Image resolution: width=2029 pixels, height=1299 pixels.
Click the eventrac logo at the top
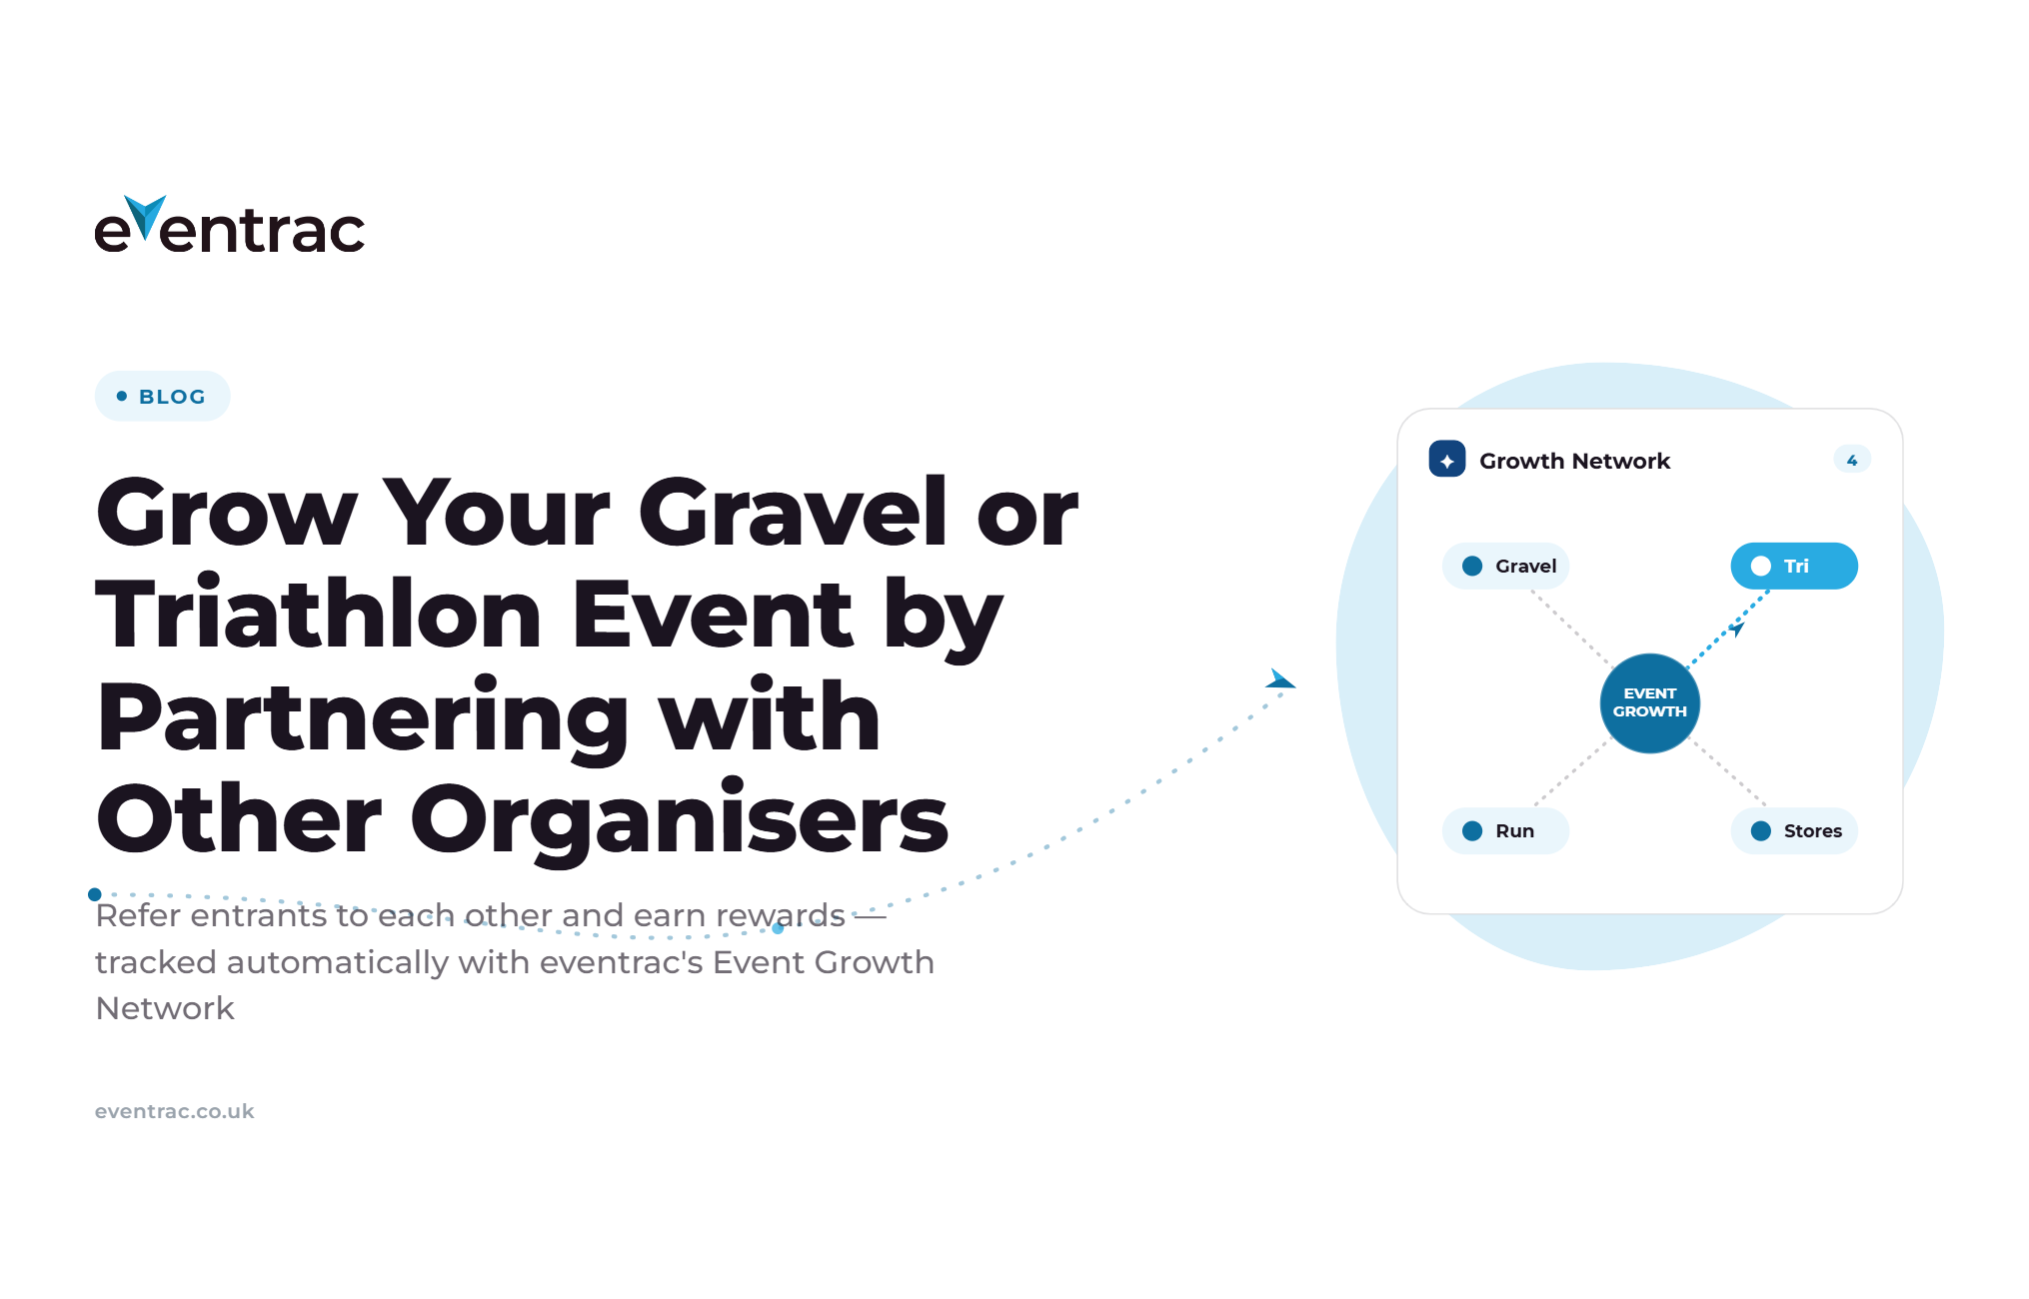[230, 224]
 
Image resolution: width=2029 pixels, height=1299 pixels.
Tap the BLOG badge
[162, 397]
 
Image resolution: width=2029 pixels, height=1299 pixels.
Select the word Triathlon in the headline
[319, 615]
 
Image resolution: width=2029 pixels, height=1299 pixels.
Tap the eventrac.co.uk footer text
[175, 1111]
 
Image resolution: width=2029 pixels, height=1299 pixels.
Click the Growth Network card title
[1574, 461]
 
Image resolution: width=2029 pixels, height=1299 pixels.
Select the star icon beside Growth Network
[1447, 460]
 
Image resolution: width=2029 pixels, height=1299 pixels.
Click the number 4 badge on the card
[1852, 460]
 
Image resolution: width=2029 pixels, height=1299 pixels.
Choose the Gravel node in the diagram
[1505, 566]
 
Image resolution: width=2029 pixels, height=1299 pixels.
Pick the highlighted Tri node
[1794, 566]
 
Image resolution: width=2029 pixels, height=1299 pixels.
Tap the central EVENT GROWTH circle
[1650, 702]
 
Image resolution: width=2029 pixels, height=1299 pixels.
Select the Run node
[1505, 830]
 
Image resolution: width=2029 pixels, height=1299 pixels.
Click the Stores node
[1794, 830]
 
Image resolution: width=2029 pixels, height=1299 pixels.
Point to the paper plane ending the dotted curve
[1280, 679]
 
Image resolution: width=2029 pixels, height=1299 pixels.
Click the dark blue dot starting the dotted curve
[95, 894]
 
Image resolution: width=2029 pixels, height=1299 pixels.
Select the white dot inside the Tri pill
[1761, 566]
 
